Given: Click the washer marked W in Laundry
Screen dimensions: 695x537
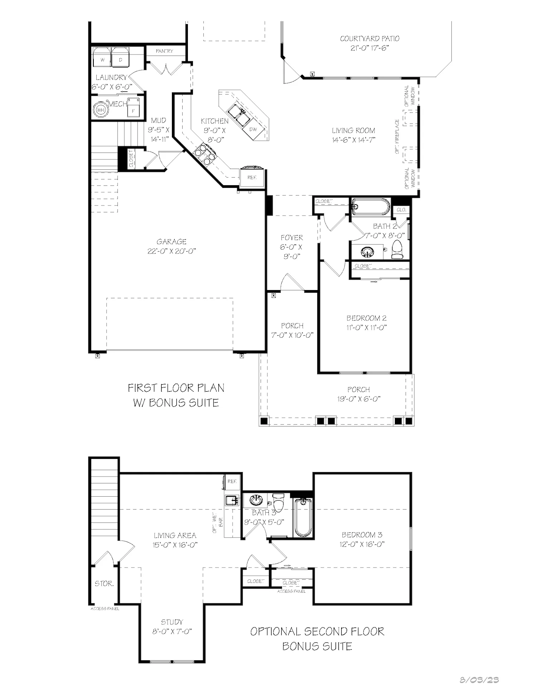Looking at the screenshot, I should [x=102, y=57].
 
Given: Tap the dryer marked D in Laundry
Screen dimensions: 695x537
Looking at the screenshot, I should [x=121, y=57].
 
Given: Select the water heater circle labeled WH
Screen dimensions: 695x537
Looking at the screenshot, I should [x=101, y=110].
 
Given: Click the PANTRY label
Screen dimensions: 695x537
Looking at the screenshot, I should [x=164, y=51].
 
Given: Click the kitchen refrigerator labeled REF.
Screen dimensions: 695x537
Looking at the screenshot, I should [x=252, y=177].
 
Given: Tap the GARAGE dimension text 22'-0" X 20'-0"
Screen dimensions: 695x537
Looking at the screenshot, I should [x=171, y=251].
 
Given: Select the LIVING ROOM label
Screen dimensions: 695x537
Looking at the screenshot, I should [x=353, y=131].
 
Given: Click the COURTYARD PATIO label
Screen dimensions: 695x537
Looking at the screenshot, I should [x=369, y=39].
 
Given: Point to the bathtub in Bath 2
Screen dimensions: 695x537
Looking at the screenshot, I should [x=370, y=207].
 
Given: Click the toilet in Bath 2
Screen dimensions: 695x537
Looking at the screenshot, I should [x=397, y=249].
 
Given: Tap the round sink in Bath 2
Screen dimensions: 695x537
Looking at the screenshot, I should [x=367, y=252].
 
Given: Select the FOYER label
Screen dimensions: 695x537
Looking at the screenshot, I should [x=292, y=237].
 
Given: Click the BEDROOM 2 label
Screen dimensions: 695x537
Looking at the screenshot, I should [x=366, y=318].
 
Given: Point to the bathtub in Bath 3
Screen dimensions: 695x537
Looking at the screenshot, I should [x=303, y=517].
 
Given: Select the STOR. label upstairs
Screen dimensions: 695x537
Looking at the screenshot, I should [x=104, y=584].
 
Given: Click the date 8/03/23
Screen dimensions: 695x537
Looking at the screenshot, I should [x=479, y=680].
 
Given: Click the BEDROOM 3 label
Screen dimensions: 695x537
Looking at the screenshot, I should [x=362, y=535].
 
